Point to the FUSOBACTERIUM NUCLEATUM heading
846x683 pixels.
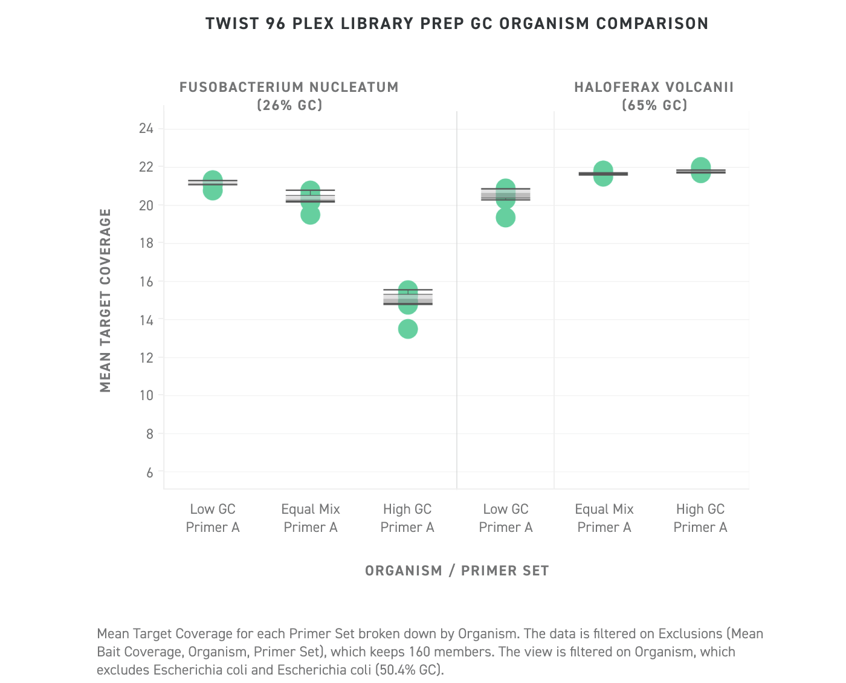coord(289,87)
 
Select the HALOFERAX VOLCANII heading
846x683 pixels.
coord(654,87)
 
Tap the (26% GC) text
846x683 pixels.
coord(289,105)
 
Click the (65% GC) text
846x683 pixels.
coord(654,105)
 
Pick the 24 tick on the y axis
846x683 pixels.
coord(146,128)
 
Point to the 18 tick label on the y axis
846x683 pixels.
coord(146,243)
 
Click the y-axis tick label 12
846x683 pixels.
coord(146,357)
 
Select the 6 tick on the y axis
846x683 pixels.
coord(150,472)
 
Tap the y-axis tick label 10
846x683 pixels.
coord(146,395)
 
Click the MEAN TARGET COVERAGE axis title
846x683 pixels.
coord(106,300)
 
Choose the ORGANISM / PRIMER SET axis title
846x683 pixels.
coord(457,571)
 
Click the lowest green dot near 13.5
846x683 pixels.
coord(408,329)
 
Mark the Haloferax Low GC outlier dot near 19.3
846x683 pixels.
coord(506,218)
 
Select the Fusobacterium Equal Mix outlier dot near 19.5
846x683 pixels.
coord(310,215)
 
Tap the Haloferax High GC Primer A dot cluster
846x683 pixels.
coord(700,170)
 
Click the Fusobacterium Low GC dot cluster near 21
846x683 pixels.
coord(213,184)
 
